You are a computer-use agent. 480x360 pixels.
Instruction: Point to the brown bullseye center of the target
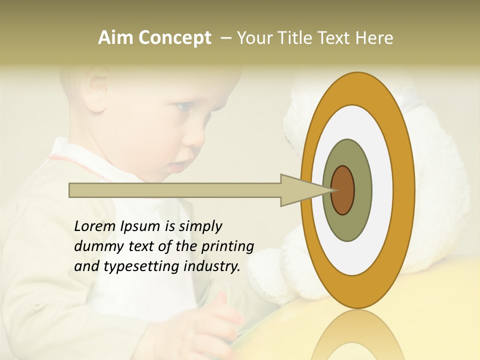tap(343, 190)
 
